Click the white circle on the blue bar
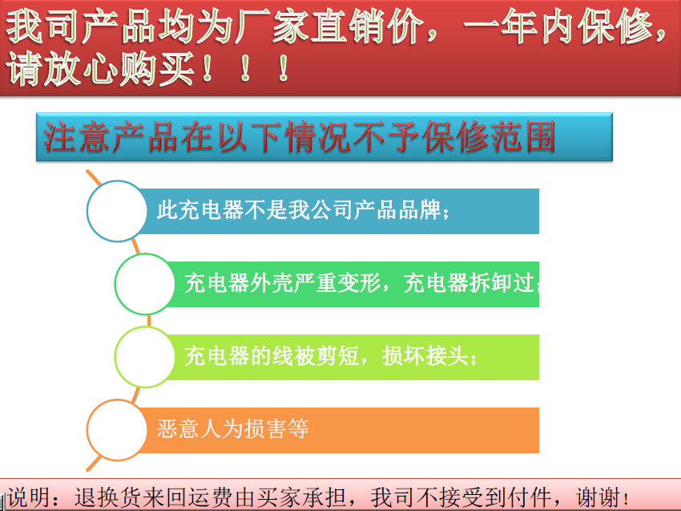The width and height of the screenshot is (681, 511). click(x=117, y=211)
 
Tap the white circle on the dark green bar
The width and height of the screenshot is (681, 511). click(x=145, y=284)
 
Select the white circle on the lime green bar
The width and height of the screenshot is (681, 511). click(x=145, y=357)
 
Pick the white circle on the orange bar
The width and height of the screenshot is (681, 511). click(x=117, y=430)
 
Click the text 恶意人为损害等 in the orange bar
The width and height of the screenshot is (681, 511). click(x=233, y=429)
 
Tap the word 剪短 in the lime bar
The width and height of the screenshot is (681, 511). click(x=337, y=356)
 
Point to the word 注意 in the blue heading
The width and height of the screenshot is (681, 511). click(x=77, y=137)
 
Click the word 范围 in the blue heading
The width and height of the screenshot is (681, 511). click(x=523, y=137)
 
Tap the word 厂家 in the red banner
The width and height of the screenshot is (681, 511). click(x=272, y=26)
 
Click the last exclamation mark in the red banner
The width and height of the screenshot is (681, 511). click(x=284, y=68)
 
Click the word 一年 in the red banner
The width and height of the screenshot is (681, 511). click(x=500, y=26)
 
